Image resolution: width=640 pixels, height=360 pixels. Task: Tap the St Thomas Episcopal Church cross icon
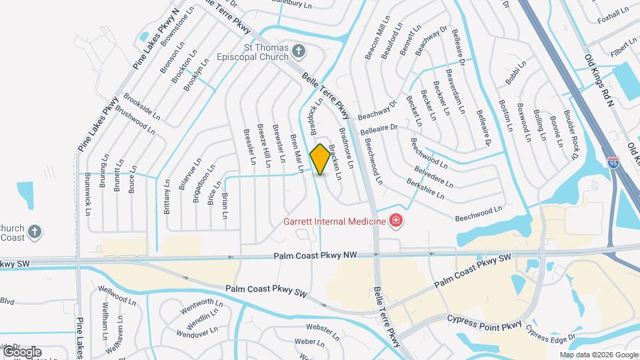[299, 51]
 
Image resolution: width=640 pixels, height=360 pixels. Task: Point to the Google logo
[21, 352]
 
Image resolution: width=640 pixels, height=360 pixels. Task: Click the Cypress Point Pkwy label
[484, 325]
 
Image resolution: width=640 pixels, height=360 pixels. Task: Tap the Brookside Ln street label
[142, 106]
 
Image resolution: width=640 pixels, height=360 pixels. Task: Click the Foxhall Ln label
[613, 15]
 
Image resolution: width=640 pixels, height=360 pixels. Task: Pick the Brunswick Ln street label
[87, 195]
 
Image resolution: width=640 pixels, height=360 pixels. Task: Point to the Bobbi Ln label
[515, 73]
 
